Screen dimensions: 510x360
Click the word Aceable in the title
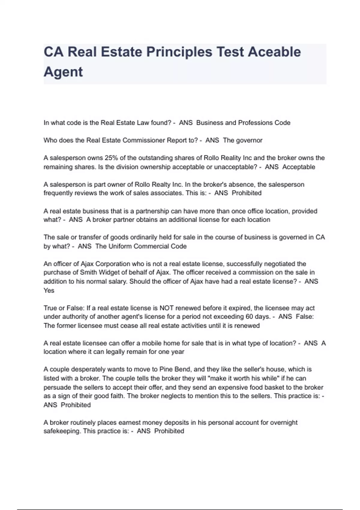(x=274, y=52)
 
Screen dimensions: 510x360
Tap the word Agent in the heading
(x=63, y=72)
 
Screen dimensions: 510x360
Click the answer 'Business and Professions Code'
(x=243, y=123)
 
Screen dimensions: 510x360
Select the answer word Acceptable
(x=298, y=167)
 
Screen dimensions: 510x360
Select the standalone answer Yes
(x=49, y=290)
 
